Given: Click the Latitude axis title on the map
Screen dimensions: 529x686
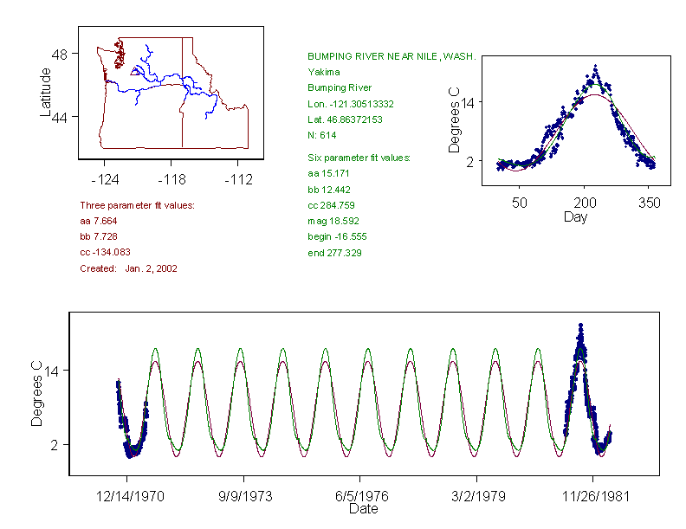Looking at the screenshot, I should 46,91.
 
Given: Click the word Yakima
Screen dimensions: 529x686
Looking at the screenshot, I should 324,72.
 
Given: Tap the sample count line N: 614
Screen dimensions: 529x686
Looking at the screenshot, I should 322,135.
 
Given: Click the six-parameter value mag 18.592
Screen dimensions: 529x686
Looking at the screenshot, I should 331,221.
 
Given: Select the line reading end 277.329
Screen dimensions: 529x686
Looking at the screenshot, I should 335,253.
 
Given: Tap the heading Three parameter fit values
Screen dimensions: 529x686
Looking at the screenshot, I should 137,205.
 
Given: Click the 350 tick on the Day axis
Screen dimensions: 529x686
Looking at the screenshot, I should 650,203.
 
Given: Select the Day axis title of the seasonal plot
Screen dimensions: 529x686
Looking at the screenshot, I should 575,217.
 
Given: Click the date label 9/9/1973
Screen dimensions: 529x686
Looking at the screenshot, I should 243,498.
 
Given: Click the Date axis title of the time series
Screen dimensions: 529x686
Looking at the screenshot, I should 363,510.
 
